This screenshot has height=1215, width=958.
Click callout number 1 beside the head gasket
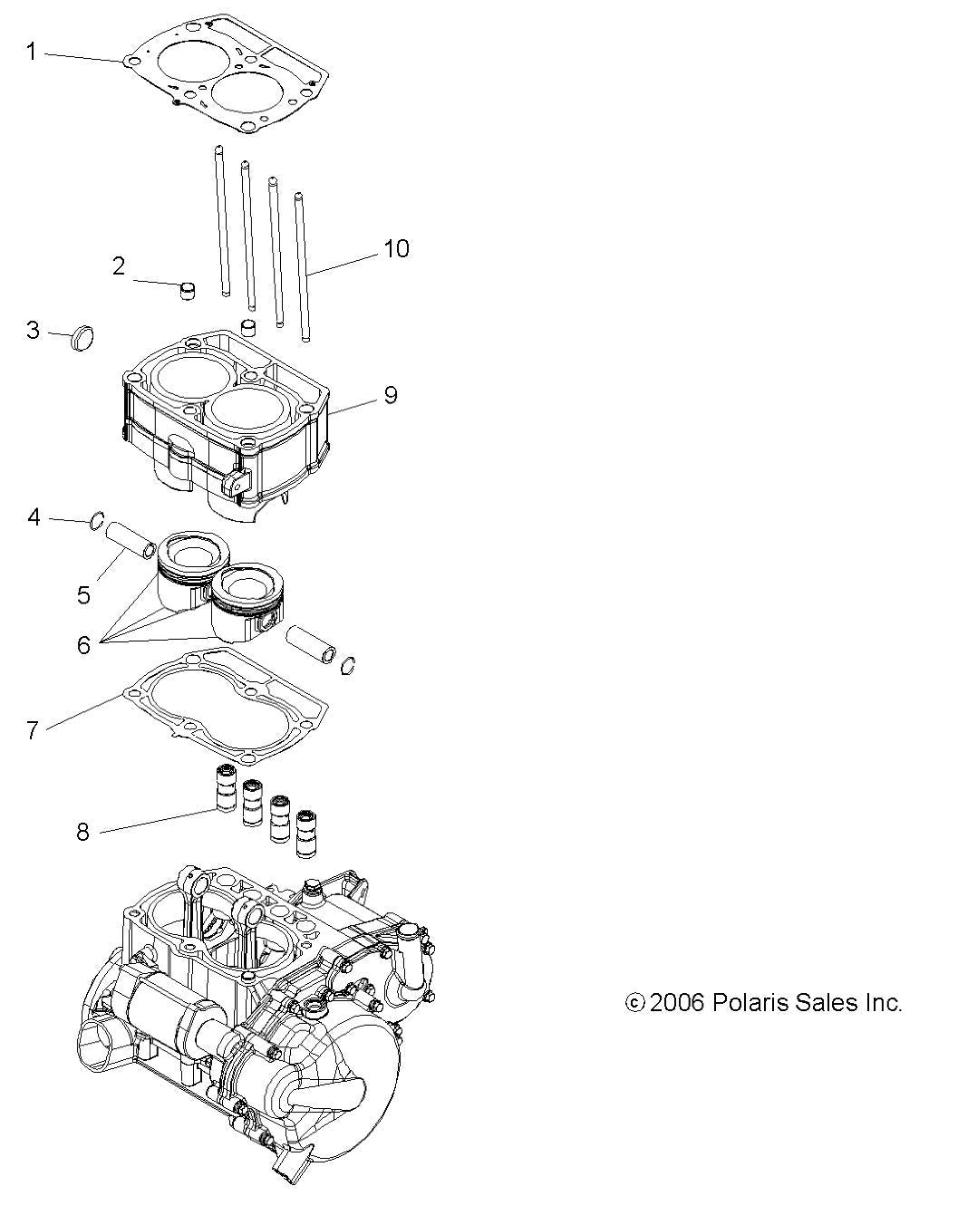tap(31, 53)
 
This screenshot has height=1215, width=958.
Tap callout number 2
tap(119, 265)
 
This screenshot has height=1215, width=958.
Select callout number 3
tap(33, 330)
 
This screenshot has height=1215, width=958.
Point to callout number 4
tap(34, 517)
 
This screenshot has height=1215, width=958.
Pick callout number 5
tap(83, 594)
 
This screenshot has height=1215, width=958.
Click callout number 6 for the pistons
tap(83, 645)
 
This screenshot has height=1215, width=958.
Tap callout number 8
tap(82, 831)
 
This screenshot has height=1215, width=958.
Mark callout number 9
tap(390, 395)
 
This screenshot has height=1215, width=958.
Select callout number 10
tap(396, 248)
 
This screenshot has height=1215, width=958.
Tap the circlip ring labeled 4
tap(95, 521)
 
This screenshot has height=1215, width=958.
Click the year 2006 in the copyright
tap(677, 1002)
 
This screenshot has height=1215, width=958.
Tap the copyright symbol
tap(635, 1003)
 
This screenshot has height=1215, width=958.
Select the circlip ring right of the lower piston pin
tap(347, 666)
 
